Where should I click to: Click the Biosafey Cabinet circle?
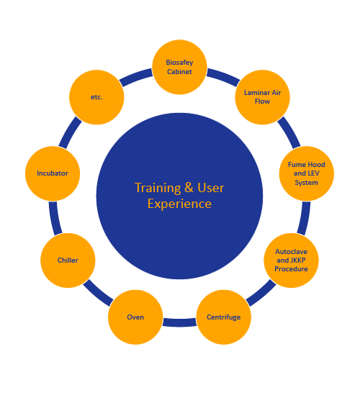pyautogui.click(x=179, y=67)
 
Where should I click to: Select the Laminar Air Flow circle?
pyautogui.click(x=262, y=97)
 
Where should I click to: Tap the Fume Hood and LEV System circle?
pyautogui.click(x=307, y=173)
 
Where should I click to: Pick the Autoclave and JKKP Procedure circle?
pyautogui.click(x=291, y=261)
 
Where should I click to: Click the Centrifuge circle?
pyautogui.click(x=224, y=317)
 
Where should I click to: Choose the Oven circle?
pyautogui.click(x=135, y=317)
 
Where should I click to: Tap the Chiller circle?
pyautogui.click(x=68, y=261)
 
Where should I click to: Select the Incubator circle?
pyautogui.click(x=53, y=173)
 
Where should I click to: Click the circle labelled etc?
pyautogui.click(x=96, y=97)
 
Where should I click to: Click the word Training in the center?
pyautogui.click(x=158, y=188)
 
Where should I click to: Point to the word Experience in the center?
pyautogui.click(x=179, y=204)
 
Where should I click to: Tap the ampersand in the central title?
pyautogui.click(x=189, y=188)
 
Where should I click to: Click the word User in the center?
pyautogui.click(x=211, y=188)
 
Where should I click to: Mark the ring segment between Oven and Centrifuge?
pyautogui.click(x=179, y=322)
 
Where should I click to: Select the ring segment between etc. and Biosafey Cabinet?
pyautogui.click(x=136, y=77)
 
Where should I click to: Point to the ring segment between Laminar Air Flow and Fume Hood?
pyautogui.click(x=289, y=132)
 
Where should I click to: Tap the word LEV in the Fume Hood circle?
pyautogui.click(x=313, y=173)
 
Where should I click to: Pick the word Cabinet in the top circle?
pyautogui.click(x=179, y=72)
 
